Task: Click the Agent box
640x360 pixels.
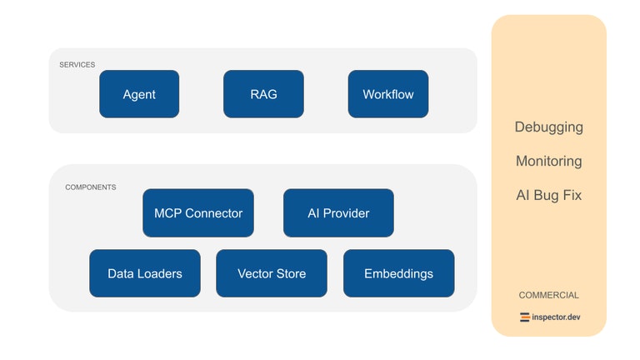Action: click(139, 94)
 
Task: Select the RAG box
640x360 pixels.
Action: click(263, 94)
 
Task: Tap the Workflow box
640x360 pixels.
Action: click(387, 94)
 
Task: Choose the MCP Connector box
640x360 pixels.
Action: click(198, 213)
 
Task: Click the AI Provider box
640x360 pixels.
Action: click(338, 213)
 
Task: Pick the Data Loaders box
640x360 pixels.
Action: click(145, 273)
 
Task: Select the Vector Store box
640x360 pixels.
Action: click(272, 273)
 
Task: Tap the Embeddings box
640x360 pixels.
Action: click(398, 273)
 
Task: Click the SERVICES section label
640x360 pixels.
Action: click(77, 64)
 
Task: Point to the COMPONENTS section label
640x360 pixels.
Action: click(91, 187)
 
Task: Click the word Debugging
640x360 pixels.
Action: click(548, 127)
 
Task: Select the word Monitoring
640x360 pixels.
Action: click(548, 162)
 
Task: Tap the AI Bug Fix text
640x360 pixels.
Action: click(548, 196)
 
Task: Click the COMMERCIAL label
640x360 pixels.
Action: click(548, 295)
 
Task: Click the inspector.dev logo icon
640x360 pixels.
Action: click(525, 317)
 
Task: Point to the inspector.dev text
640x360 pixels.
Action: click(556, 317)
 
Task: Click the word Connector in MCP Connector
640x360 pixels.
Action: click(214, 213)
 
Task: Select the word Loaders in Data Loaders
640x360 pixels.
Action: click(160, 273)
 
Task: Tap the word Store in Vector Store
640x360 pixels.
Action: click(291, 273)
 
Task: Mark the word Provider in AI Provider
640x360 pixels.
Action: click(346, 213)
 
